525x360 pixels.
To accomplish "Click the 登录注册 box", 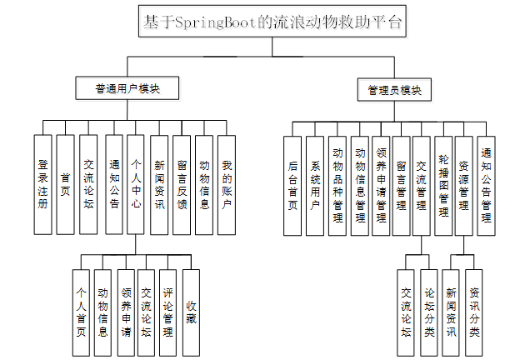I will click(42, 183).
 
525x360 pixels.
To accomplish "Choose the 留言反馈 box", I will click(182, 183).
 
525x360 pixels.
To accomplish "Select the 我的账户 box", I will click(226, 183).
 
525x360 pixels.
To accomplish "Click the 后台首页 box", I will click(292, 183).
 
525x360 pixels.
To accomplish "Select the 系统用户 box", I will click(314, 183).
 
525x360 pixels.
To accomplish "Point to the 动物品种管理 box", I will click(337, 183).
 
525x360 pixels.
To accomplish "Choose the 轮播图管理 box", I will click(444, 183).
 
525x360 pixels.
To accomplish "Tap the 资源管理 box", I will click(464, 183).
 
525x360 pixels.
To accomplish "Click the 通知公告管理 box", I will click(487, 183).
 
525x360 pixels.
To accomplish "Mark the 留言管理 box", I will click(401, 183).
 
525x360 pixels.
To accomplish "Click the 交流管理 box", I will click(422, 183).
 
